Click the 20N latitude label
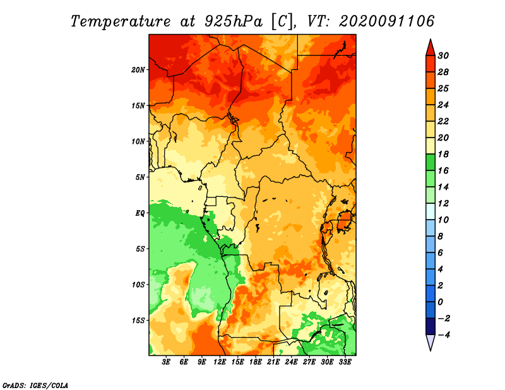(138, 70)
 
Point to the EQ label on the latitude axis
(140, 213)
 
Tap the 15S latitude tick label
(138, 321)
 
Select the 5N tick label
(140, 177)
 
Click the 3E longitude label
(166, 362)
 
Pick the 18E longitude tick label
(256, 362)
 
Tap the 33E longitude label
(345, 362)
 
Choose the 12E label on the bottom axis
(220, 362)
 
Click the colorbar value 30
(443, 56)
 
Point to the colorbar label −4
(443, 335)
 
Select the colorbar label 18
(443, 154)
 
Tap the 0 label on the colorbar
(441, 302)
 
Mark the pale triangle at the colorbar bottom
(431, 341)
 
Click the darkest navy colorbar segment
(431, 326)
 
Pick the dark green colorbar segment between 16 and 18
(431, 162)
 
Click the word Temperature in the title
(121, 21)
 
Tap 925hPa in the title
(234, 21)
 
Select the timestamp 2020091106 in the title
(386, 21)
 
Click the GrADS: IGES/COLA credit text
(35, 386)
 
